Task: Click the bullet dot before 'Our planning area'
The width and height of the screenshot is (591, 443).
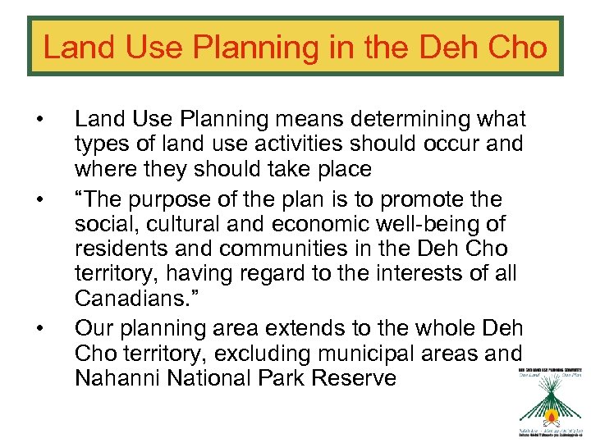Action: pos(40,329)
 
